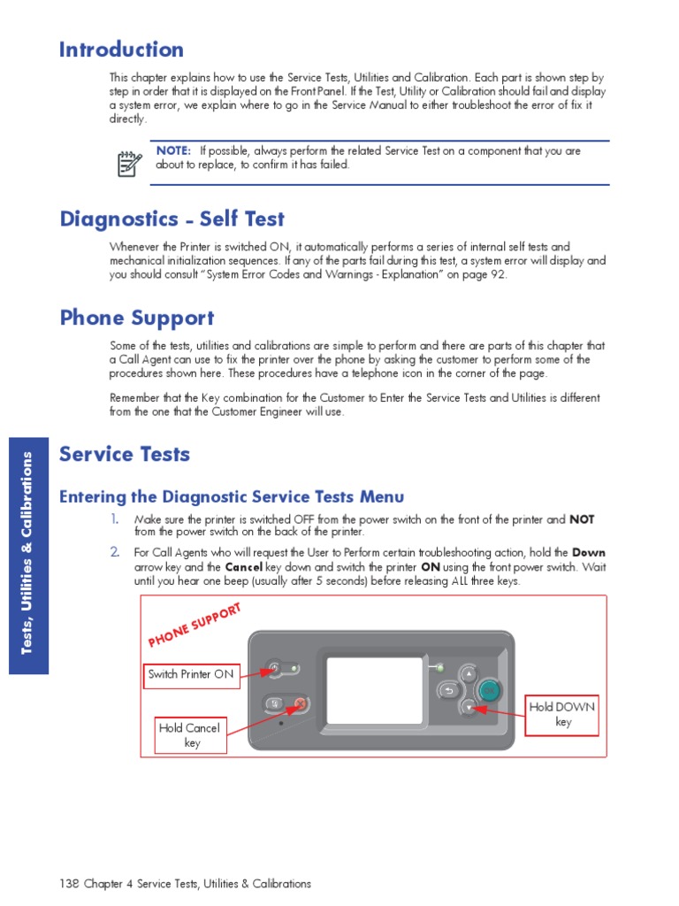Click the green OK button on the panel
(x=489, y=691)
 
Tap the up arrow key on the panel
(x=468, y=674)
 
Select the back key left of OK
(x=447, y=691)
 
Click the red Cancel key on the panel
(x=299, y=704)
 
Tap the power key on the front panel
(x=275, y=668)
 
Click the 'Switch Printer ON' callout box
(x=191, y=674)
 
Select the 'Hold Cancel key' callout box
(x=190, y=735)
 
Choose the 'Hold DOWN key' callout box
(x=562, y=715)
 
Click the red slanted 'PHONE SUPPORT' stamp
(x=195, y=625)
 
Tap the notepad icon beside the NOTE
(x=130, y=163)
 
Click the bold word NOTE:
(x=173, y=150)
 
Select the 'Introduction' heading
(x=121, y=50)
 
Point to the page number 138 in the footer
(x=69, y=884)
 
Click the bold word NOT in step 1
(x=582, y=519)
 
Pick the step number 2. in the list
(x=114, y=552)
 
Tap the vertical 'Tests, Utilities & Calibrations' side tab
(x=27, y=553)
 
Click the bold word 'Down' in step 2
(x=589, y=552)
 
